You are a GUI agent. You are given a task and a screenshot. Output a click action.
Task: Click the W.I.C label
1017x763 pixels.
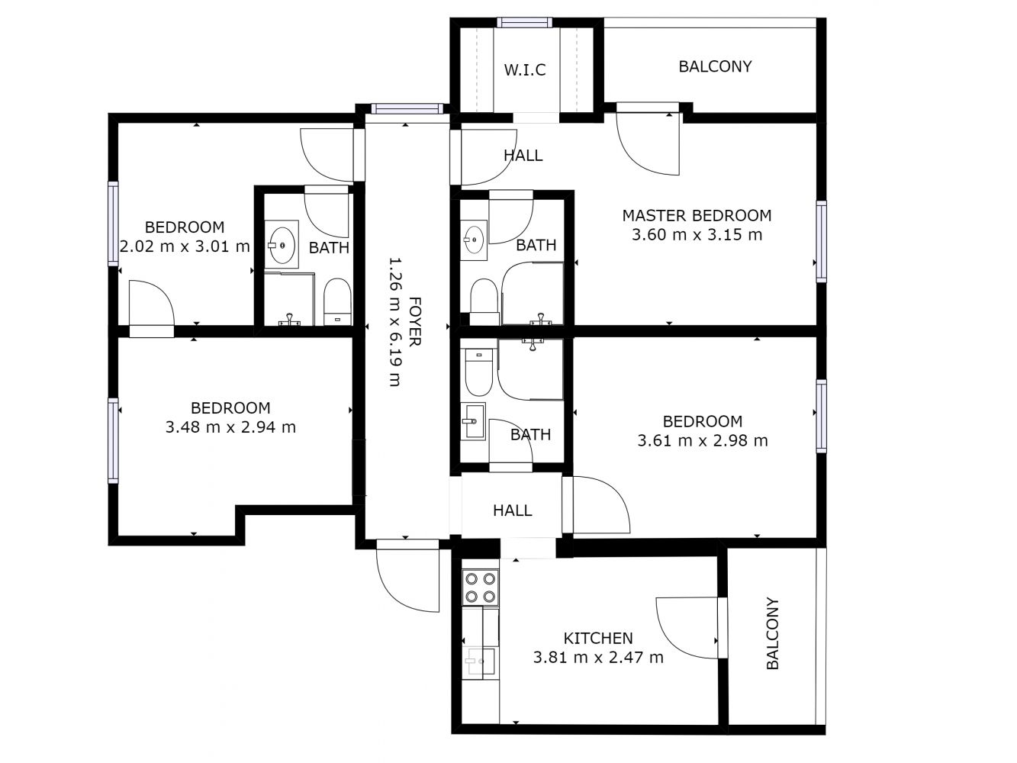point(524,70)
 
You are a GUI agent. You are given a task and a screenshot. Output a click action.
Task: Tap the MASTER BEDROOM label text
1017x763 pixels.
point(697,215)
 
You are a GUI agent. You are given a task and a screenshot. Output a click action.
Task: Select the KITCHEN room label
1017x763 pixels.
point(597,639)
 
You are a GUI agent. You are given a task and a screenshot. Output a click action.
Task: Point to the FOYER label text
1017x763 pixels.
point(415,321)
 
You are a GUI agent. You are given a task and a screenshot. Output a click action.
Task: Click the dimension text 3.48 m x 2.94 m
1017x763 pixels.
point(230,427)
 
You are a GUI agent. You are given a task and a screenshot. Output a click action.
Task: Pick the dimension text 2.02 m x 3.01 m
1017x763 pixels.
point(185,246)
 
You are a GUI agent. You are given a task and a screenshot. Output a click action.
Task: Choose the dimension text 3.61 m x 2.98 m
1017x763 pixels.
point(703,440)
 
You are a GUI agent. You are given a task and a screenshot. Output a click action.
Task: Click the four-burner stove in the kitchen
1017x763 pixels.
point(480,588)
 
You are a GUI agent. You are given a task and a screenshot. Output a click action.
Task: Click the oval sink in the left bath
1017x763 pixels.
point(282,245)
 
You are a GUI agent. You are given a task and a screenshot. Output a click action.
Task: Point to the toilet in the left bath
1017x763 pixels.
point(336,301)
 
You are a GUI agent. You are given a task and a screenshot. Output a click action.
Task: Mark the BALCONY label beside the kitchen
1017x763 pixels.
point(772,633)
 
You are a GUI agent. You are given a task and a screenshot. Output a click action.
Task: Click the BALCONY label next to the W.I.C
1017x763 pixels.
point(715,66)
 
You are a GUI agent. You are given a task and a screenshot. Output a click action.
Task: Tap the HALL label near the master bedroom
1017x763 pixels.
point(523,155)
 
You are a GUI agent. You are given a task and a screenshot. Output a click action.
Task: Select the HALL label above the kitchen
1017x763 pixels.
point(512,510)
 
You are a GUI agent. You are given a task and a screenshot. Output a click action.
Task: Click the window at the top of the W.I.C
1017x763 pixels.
point(525,22)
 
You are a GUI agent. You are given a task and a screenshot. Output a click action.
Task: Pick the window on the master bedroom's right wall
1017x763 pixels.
point(821,241)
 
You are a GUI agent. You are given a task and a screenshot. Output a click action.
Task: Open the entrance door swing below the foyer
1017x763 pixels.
point(407,576)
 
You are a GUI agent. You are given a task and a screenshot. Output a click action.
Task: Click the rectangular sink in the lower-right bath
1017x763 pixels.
point(474,420)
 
